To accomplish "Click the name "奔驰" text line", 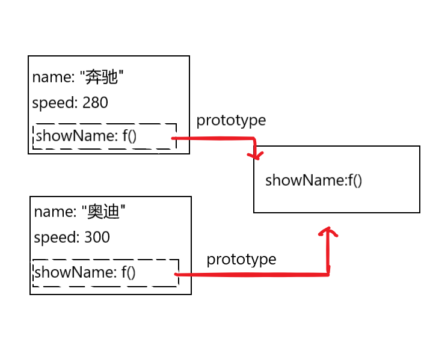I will [78, 78].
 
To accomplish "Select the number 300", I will [97, 237].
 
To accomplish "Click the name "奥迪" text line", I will [80, 212].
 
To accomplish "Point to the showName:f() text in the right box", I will [313, 180].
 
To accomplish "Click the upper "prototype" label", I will [231, 120].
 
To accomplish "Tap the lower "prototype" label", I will [241, 260].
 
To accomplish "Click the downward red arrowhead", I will [257, 155].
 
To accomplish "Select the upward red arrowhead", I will [328, 231].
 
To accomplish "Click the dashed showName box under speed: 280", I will [104, 137].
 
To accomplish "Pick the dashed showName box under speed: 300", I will [105, 273].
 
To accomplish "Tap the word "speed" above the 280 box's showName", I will [52, 103].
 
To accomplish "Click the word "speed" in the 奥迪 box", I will [54, 238].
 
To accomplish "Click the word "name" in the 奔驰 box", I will [47, 78].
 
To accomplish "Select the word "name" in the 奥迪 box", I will [49, 212].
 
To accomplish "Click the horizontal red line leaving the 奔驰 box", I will [213, 139].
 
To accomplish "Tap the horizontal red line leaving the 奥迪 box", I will [253, 275].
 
